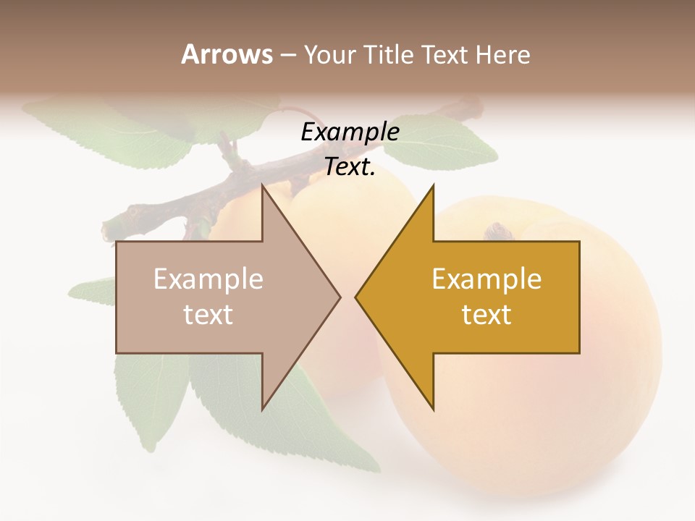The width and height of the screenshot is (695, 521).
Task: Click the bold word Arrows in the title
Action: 227,54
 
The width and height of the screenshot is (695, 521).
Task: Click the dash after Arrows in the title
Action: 287,55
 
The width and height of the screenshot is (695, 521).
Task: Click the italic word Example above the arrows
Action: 350,132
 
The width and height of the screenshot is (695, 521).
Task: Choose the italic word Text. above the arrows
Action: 350,167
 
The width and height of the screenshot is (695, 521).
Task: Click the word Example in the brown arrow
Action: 208,279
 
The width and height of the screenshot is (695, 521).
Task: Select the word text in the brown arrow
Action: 208,315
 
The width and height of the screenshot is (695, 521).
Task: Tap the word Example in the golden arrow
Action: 486,279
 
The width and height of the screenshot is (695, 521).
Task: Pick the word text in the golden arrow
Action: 486,315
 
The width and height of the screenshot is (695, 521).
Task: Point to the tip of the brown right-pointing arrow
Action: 340,297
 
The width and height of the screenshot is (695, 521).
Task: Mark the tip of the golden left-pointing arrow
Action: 356,297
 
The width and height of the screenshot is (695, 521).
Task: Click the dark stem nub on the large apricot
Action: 498,232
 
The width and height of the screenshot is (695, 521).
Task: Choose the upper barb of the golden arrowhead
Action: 432,188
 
